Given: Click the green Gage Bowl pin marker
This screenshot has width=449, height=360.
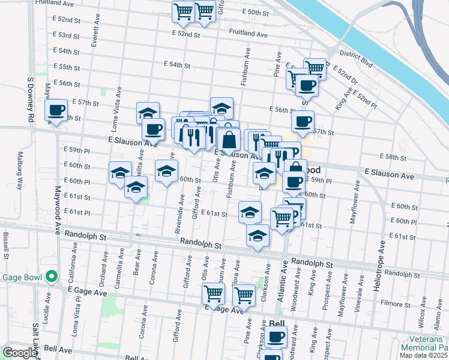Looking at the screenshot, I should [x=52, y=277].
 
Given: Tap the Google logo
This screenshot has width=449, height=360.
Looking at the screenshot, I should [x=20, y=353].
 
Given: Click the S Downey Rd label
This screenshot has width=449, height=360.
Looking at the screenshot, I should [x=29, y=99].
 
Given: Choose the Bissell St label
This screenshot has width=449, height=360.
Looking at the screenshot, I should [x=6, y=246].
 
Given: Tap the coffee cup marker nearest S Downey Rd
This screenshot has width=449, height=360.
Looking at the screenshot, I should [x=56, y=111].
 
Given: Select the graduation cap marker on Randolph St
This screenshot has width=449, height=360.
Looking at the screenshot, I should [x=258, y=235].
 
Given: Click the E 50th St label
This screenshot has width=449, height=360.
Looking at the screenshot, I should [x=258, y=12].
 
